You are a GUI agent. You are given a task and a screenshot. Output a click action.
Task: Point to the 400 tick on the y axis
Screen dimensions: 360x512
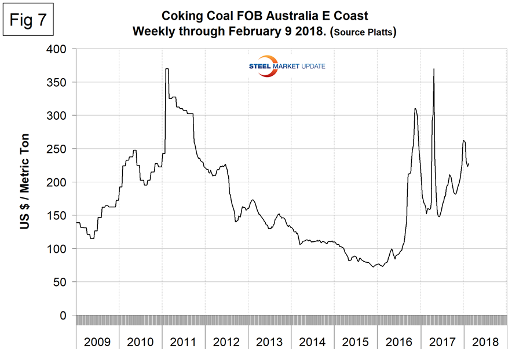click(60, 49)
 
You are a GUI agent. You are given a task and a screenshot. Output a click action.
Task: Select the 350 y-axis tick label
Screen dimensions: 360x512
click(60, 83)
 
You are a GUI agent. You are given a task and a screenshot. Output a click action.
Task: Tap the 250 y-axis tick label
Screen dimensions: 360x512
click(60, 149)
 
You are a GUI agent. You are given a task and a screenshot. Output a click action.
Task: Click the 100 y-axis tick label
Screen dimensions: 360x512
click(60, 249)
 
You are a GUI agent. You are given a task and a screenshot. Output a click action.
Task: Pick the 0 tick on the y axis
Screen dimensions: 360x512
click(65, 315)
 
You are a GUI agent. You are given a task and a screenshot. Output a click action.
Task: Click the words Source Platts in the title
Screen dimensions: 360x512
click(364, 33)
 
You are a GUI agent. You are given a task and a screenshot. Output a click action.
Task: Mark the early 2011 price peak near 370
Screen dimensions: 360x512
click(167, 69)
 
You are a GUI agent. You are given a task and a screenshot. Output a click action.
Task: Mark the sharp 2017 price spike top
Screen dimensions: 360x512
click(434, 69)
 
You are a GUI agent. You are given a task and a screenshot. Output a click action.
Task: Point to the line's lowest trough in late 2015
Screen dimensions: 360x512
click(373, 267)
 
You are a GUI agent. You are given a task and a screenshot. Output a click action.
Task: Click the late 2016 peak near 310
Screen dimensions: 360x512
click(415, 109)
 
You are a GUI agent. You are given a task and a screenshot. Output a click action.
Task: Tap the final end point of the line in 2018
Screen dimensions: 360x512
click(469, 163)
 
